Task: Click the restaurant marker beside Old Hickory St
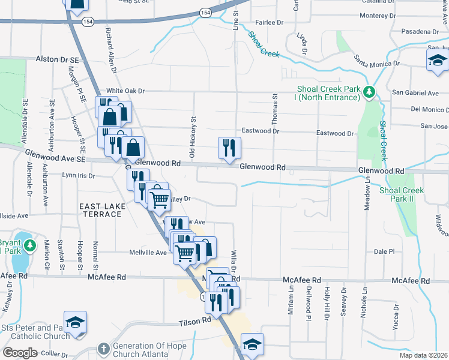pos(229,148)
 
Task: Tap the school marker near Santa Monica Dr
pos(438,61)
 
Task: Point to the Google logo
pos(20,353)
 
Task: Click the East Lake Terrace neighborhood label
pos(101,209)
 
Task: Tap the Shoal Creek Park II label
pos(402,194)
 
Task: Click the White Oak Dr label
pos(126,91)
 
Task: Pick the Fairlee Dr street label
pos(269,22)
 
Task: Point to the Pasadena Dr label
pos(420,31)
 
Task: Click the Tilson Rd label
pos(194,322)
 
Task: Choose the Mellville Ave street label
pos(148,253)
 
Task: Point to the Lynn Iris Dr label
pos(79,175)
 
